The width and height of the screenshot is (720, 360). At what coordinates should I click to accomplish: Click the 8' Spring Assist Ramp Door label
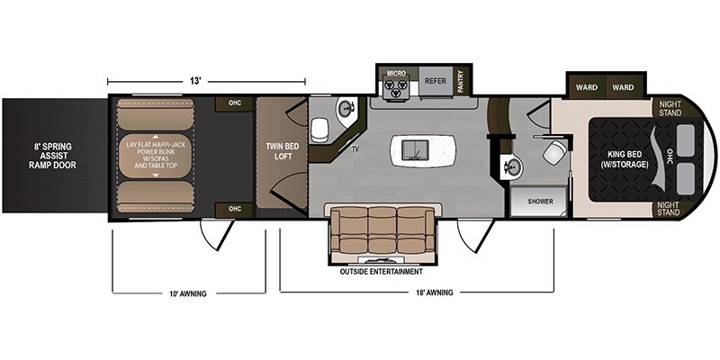pos(52,156)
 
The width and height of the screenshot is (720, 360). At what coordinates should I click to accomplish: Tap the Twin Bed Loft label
pos(283,151)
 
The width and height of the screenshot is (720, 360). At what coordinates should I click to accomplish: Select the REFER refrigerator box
pos(436,81)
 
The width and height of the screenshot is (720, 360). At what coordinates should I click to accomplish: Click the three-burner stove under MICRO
pos(396,87)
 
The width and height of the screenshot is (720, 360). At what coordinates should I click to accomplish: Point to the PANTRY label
pos(461,82)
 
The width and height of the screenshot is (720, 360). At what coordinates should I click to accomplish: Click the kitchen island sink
pos(415,150)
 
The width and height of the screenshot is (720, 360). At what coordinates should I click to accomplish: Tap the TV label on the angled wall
pos(355,149)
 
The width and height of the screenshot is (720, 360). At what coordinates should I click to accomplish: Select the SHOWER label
pos(540,202)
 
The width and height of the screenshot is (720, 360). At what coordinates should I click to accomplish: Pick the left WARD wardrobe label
pos(587,87)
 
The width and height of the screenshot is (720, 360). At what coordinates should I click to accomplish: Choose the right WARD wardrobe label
pos(623,87)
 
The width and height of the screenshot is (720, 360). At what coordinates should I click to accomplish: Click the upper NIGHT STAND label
pos(670,108)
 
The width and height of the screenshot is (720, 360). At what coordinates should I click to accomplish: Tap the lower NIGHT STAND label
pos(670,209)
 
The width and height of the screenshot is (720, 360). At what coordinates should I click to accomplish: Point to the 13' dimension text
pos(195,81)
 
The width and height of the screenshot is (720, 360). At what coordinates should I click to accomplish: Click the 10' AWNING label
pos(188,294)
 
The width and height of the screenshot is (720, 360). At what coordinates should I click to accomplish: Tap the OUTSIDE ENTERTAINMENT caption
pos(381,272)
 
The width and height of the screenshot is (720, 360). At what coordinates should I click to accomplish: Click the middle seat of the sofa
pos(382,229)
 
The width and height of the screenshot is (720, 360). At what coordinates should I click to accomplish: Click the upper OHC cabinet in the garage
pos(235,103)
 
